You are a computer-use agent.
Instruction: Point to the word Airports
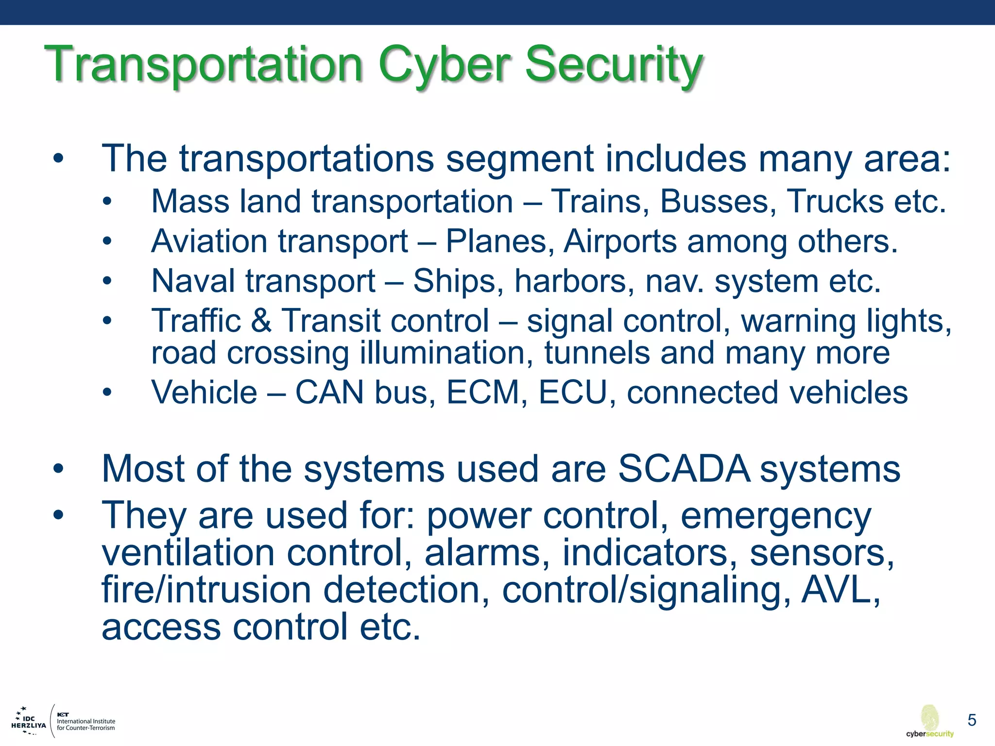(620, 241)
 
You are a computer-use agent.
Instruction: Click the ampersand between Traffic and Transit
(261, 321)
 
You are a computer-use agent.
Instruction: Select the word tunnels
(597, 353)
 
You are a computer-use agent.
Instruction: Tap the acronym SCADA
(684, 469)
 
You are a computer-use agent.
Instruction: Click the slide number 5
(972, 720)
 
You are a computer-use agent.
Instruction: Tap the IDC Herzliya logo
(29, 722)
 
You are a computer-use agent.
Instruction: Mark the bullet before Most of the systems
(58, 469)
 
